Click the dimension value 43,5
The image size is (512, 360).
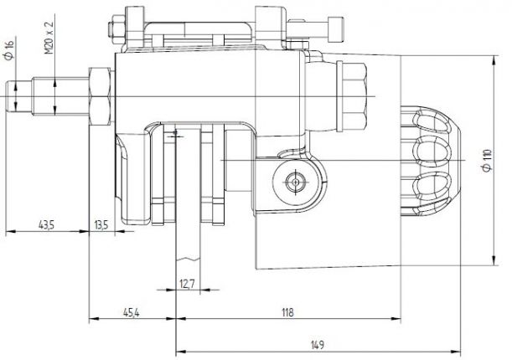(x=47, y=224)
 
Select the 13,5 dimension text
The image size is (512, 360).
(x=101, y=224)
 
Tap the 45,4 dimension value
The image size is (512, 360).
(x=132, y=312)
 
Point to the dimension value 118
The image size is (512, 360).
(x=287, y=312)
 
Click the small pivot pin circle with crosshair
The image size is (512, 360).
(x=293, y=181)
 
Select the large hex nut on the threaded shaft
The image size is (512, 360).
(x=99, y=94)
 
